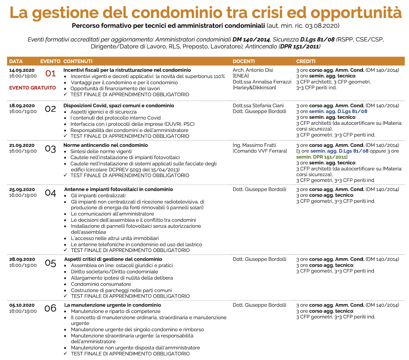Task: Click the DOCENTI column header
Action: coord(244,61)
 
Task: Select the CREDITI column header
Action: coord(306,61)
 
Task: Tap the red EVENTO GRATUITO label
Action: coord(32,88)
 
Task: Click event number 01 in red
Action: coord(50,73)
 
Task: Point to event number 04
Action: coord(50,193)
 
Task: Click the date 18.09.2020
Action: coord(22,106)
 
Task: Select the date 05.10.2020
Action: coord(22,305)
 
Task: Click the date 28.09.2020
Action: coord(22,259)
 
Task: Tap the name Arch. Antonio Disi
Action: coord(253,70)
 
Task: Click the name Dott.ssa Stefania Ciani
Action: coord(258,106)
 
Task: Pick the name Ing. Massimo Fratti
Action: coord(254,145)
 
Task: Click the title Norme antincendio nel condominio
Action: coord(105,145)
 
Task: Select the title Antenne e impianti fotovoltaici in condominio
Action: coord(118,189)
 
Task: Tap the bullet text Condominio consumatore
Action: coord(101,284)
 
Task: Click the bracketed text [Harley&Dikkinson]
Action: coord(254,88)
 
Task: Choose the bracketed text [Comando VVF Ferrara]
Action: coord(260,151)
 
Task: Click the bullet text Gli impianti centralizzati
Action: coord(98,196)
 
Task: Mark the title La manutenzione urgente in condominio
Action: coord(112,305)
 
